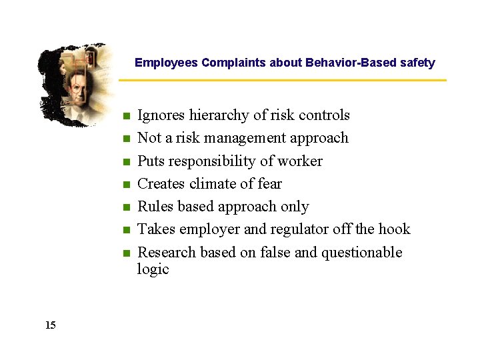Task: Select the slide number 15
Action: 51,325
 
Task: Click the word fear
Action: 269,184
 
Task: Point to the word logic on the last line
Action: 153,269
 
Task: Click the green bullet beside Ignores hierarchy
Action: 125,117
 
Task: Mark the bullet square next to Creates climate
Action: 125,185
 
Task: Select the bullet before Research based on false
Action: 125,254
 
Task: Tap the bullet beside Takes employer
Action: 125,231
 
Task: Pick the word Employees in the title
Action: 166,63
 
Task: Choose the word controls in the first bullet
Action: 324,115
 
